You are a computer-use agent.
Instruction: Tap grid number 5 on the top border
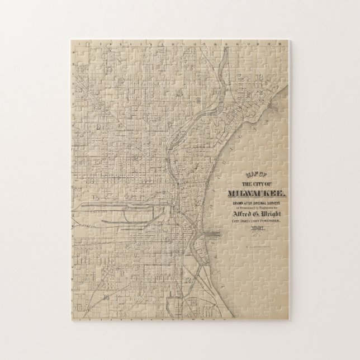click(x=121, y=42)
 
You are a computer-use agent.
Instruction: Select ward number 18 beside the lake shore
click(x=259, y=77)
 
